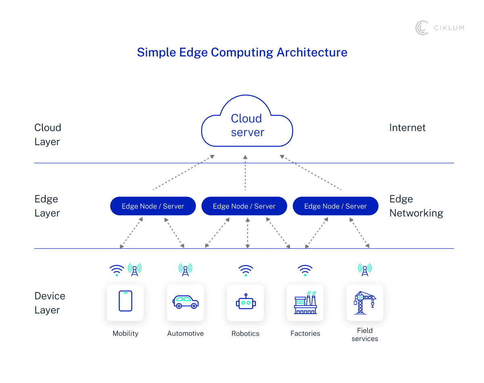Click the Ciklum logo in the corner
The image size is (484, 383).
coord(439,28)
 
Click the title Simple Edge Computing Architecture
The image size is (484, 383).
coord(242,52)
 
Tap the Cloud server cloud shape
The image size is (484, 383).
coord(247,125)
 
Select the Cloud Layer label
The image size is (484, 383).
coord(48,135)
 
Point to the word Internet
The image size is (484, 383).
coord(407,128)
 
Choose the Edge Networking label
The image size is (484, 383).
coord(416,206)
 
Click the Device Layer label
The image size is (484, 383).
coord(50,303)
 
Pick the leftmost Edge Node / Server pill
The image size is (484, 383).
coord(153,206)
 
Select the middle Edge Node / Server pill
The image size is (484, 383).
coord(244,206)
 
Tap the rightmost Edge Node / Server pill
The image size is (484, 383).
coord(335,206)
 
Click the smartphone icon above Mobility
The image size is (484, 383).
coord(125,301)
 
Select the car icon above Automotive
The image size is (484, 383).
coord(186,302)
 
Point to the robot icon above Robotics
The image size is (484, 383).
coord(245,303)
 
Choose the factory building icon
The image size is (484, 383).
coord(305,303)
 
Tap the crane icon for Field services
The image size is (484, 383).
coord(365,303)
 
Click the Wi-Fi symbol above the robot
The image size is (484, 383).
coord(246,270)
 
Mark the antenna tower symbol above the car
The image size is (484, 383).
coord(185,269)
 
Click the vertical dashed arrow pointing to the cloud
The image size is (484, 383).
coord(245,173)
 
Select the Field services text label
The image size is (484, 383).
coord(365,335)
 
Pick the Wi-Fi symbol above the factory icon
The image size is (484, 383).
coord(305,270)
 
